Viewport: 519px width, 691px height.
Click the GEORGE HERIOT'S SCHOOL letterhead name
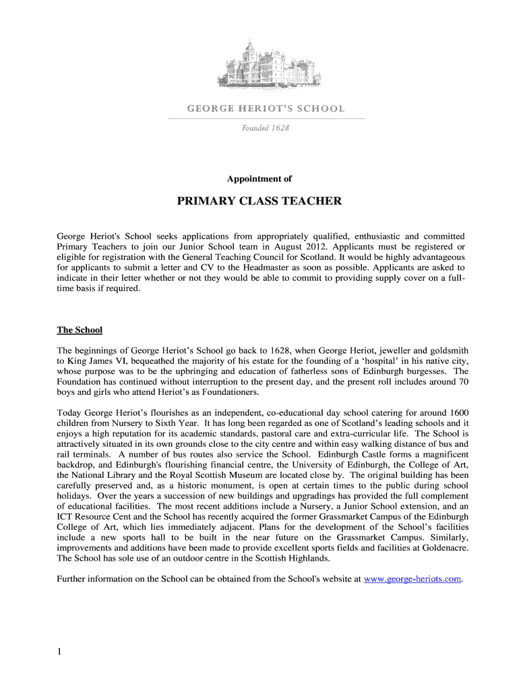(265, 108)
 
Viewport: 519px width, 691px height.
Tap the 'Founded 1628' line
(266, 128)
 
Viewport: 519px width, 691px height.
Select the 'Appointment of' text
(259, 179)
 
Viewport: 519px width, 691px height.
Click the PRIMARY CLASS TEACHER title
(259, 201)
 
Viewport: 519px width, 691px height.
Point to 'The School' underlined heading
(80, 330)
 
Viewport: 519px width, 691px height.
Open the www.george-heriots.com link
(413, 579)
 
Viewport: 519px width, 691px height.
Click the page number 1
(60, 652)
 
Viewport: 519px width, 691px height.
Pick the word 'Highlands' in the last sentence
(309, 559)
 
